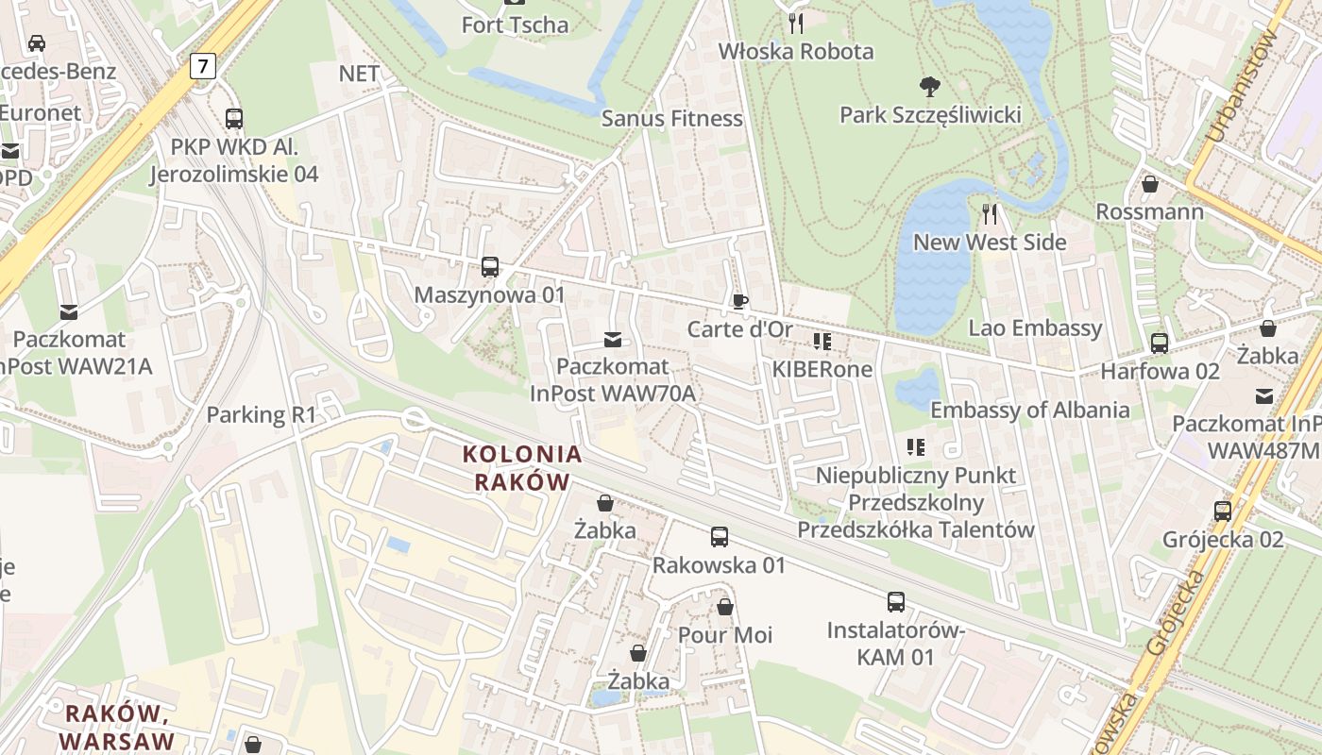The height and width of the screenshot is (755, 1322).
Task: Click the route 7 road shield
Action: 202,66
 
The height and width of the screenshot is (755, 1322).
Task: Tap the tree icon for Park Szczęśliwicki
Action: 930,87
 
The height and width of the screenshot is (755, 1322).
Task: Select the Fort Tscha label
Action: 515,25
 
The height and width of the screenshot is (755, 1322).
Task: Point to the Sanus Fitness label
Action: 671,118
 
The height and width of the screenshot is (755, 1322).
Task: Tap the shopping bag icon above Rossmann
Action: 1149,184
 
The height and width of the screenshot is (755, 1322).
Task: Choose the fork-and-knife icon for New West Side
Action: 989,214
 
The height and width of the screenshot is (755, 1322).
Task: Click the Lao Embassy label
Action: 1035,327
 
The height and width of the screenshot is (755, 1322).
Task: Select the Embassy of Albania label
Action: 1029,410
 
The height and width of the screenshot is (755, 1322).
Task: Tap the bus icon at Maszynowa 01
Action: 489,267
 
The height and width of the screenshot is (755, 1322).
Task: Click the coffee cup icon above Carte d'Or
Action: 739,301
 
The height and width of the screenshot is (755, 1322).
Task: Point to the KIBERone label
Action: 822,369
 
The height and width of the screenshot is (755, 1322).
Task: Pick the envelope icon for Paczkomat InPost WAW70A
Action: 613,339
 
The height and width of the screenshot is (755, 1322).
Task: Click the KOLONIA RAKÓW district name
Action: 522,467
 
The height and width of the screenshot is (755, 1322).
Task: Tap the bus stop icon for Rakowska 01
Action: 719,537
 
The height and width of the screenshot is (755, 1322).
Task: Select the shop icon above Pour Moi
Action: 724,607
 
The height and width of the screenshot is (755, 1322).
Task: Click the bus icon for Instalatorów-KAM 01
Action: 895,601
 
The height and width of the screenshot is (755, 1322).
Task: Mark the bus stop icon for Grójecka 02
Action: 1222,512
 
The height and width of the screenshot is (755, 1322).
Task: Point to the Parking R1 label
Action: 261,414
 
